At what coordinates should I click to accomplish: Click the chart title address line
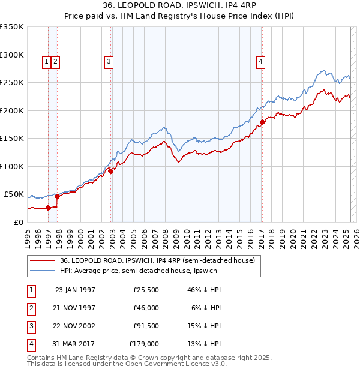179,7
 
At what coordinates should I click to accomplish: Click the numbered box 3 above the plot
109,60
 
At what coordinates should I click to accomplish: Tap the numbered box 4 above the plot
261,60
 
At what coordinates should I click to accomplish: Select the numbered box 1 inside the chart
46,60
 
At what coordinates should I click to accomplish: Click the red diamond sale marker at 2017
262,122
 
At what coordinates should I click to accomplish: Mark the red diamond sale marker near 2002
111,171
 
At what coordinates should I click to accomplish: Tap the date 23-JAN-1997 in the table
75,289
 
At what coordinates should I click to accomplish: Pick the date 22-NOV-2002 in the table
75,326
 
